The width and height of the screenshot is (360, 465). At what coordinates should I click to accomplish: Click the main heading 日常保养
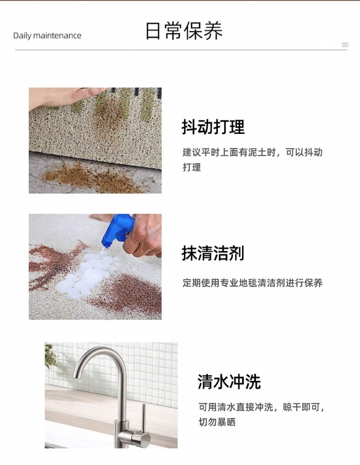pyautogui.click(x=184, y=31)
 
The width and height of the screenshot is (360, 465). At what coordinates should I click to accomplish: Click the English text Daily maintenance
pyautogui.click(x=47, y=36)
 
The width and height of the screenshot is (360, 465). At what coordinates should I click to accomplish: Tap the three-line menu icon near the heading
pyautogui.click(x=345, y=45)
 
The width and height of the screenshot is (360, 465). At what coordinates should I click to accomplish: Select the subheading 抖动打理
pyautogui.click(x=213, y=127)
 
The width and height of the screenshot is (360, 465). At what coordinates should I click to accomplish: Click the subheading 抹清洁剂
pyautogui.click(x=213, y=253)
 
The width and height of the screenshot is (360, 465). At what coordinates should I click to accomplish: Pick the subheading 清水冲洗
pyautogui.click(x=229, y=382)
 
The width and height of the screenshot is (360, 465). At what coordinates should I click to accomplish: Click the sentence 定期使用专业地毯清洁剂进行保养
pyautogui.click(x=252, y=283)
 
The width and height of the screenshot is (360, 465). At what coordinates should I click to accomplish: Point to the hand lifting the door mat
pyautogui.click(x=64, y=97)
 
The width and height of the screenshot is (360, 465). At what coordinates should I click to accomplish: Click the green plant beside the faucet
pyautogui.click(x=51, y=355)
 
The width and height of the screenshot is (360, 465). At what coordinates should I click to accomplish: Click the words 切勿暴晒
pyautogui.click(x=217, y=422)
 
